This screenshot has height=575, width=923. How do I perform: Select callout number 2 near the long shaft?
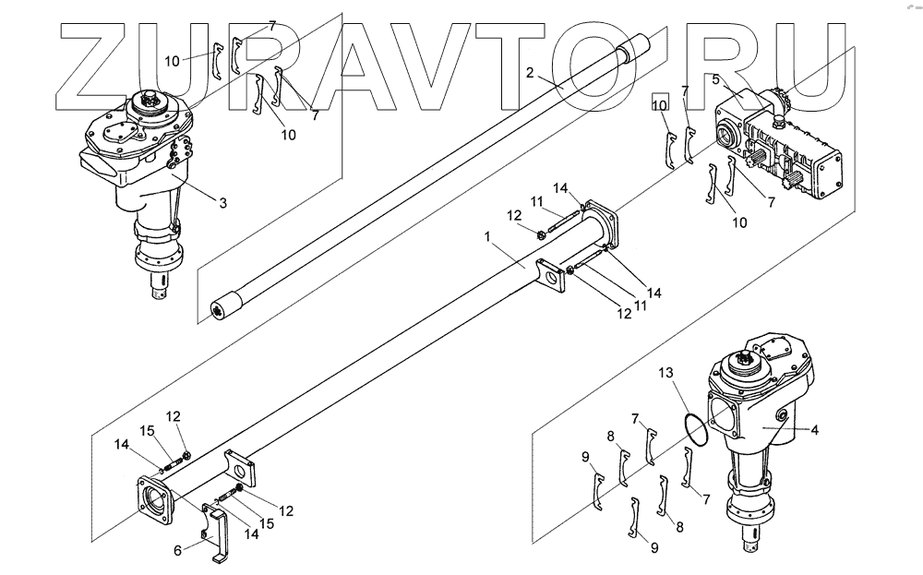[530, 72]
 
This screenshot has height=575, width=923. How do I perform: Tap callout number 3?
[222, 202]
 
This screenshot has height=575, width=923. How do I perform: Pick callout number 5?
[715, 80]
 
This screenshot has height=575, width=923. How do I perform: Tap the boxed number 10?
[659, 106]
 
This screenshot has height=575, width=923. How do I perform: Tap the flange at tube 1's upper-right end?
[599, 222]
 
